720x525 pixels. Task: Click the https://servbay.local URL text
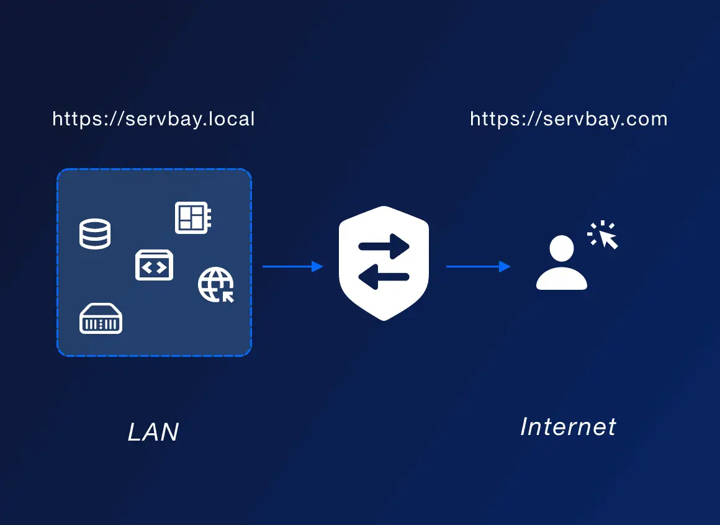pos(153,119)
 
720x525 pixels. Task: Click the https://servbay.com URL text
pos(569,119)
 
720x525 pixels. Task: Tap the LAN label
pos(153,432)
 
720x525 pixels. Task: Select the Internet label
pos(568,427)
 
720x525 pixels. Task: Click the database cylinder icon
pos(95,234)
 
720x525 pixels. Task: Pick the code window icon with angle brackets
pos(154,265)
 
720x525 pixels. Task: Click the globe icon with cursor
pos(215,284)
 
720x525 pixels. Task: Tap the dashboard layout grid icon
pos(194,218)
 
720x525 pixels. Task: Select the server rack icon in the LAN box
pos(101,318)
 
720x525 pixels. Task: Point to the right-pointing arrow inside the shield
pos(385,246)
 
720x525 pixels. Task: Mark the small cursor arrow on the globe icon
pos(228,296)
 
